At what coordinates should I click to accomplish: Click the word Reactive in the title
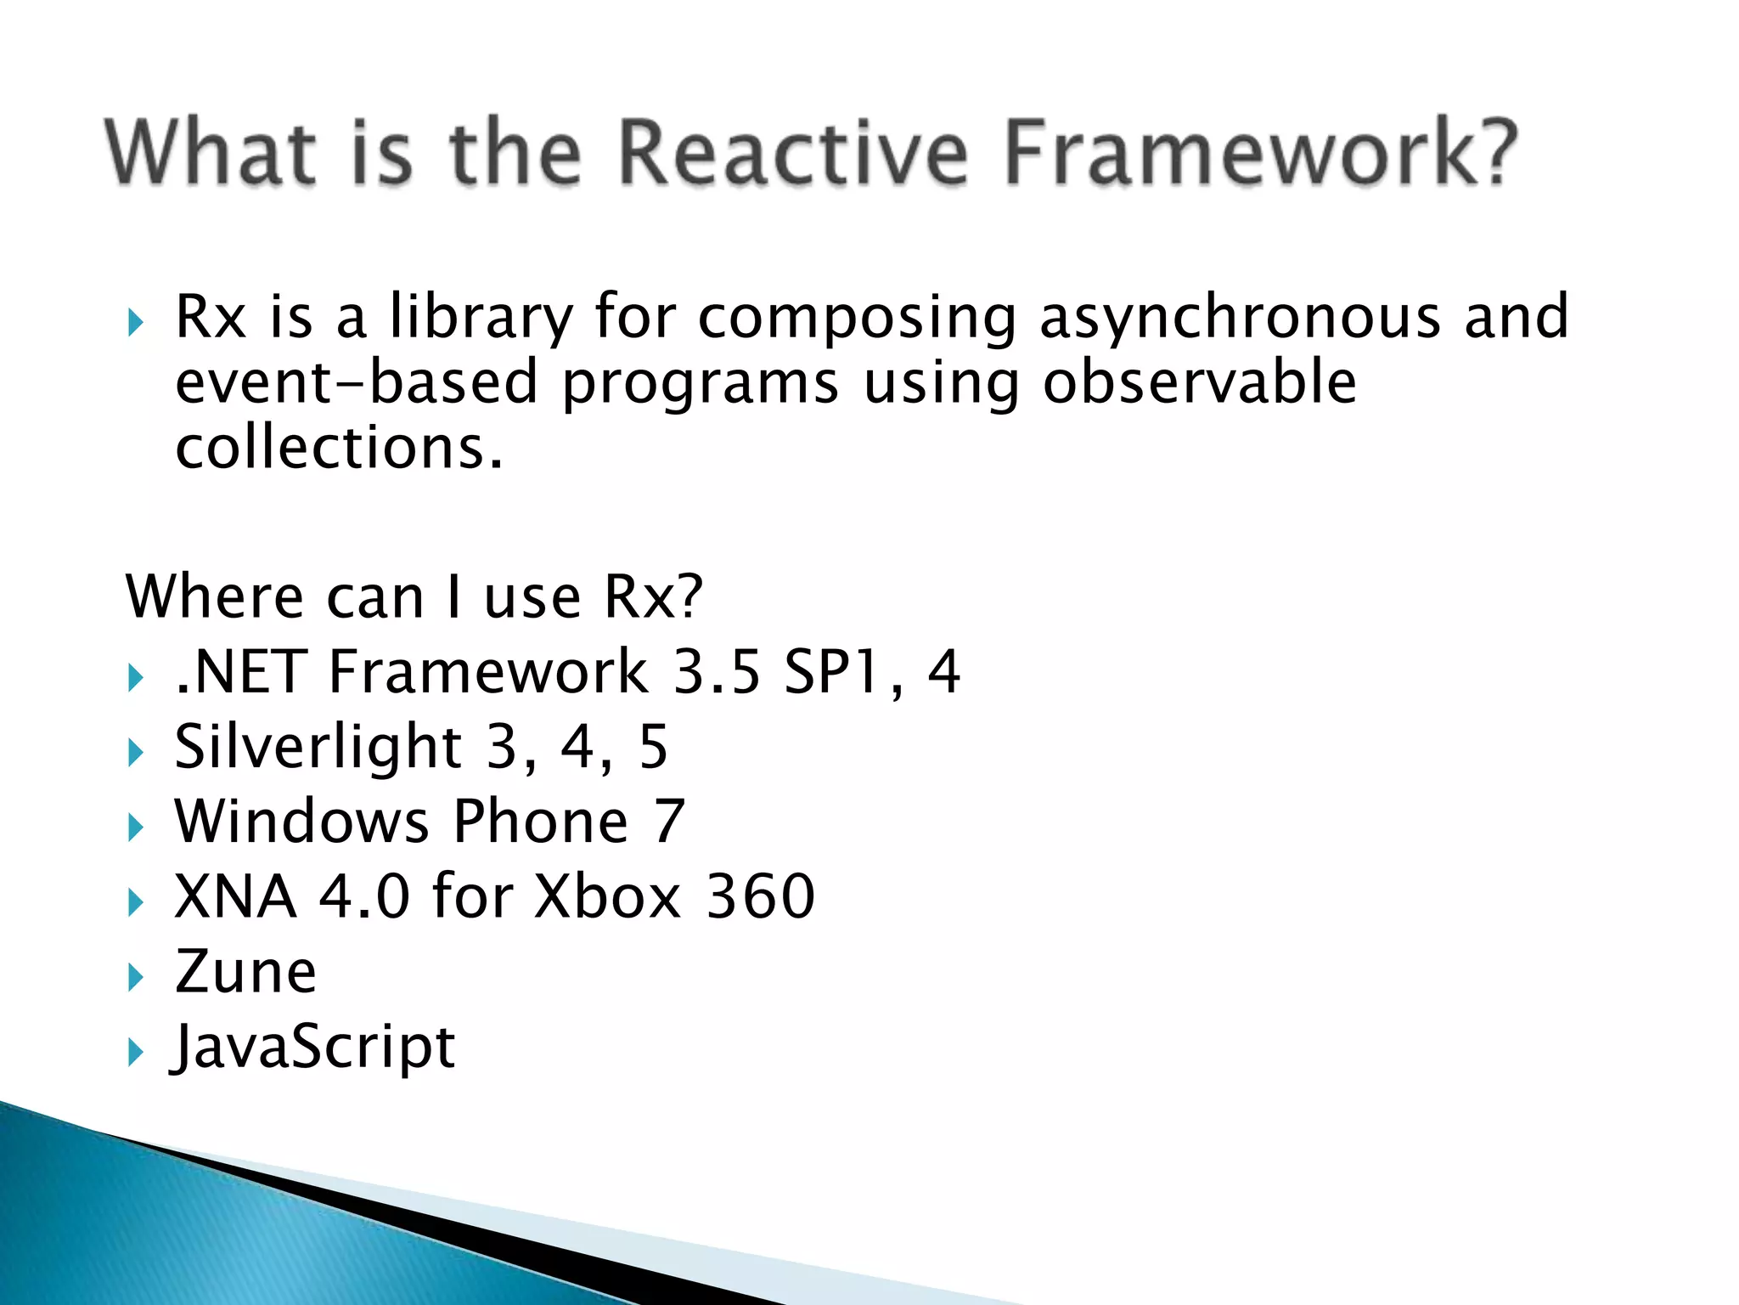point(791,153)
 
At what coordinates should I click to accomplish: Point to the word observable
point(1199,382)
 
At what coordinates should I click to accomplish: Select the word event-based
point(357,382)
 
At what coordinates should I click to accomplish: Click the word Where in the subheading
point(214,596)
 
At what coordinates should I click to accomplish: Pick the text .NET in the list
point(240,672)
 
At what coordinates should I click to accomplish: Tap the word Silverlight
point(318,747)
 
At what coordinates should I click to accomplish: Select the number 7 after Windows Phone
point(668,822)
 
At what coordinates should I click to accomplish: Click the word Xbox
point(607,896)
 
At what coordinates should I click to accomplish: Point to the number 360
point(760,896)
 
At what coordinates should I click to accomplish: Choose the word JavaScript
point(312,1047)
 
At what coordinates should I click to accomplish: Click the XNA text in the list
point(235,896)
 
